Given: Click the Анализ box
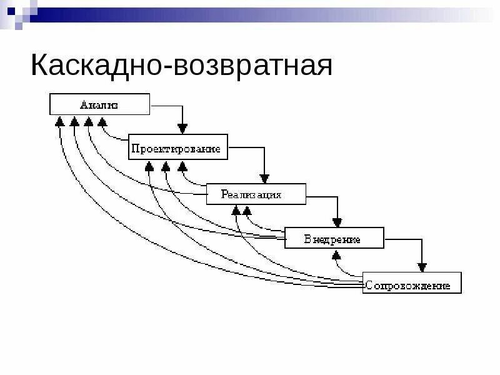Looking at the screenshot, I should [x=99, y=104].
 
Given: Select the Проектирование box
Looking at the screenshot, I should [x=178, y=147].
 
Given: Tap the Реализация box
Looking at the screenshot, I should [x=256, y=194].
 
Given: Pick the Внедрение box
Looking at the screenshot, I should [x=334, y=238].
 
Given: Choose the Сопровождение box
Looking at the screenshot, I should [x=412, y=283].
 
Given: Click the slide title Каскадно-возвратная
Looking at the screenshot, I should [x=181, y=65].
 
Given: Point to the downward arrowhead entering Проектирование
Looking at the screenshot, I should [x=182, y=129].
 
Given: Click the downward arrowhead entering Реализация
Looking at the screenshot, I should [x=264, y=178].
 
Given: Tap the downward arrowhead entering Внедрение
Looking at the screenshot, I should [x=337, y=222].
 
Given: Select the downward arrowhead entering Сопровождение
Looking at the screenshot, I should [x=422, y=267].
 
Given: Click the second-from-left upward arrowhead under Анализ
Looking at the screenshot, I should [x=74, y=121].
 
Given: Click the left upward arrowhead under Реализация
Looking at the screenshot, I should [x=236, y=211].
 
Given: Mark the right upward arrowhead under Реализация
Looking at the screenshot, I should [x=247, y=211].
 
